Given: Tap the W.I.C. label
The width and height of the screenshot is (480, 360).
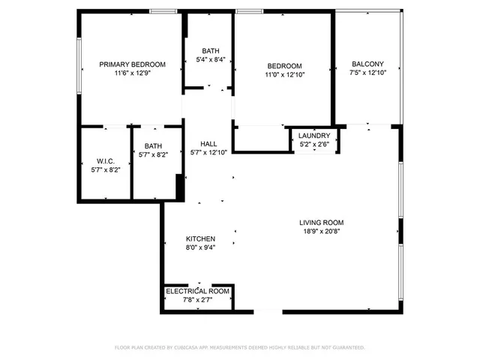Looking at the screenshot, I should (x=105, y=161).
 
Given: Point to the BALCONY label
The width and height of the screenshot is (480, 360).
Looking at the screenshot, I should (x=367, y=64).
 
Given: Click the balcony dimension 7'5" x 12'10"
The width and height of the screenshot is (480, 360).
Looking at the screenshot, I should (x=367, y=73).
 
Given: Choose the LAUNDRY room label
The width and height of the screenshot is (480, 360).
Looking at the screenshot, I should (x=314, y=135).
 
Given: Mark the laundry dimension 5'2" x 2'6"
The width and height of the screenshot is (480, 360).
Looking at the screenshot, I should (x=314, y=144).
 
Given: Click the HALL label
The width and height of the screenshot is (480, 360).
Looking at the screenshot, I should (x=208, y=144).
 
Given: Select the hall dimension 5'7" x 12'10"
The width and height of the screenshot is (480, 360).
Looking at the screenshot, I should (x=208, y=153).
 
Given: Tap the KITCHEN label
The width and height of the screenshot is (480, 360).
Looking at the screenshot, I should (x=200, y=238).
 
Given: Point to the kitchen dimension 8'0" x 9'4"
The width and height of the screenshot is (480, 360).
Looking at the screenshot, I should (x=200, y=247).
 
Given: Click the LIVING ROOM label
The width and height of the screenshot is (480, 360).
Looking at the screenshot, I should (x=321, y=223).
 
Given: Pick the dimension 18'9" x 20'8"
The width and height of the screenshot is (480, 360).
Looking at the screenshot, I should (x=321, y=232).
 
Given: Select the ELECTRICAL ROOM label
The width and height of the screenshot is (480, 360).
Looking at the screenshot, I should (x=197, y=291).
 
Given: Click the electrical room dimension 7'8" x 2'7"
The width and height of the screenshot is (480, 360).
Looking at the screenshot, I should (x=197, y=300).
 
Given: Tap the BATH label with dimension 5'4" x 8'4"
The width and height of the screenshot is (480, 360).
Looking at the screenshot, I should (x=210, y=51).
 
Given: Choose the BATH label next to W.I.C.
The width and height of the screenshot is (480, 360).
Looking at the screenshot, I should (x=153, y=146).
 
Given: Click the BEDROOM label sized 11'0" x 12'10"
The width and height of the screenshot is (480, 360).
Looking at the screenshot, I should (x=284, y=65).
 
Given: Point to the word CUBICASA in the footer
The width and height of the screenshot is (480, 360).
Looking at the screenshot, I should (x=194, y=347).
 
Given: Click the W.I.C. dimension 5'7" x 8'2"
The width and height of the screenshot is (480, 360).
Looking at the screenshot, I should (x=105, y=170).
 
